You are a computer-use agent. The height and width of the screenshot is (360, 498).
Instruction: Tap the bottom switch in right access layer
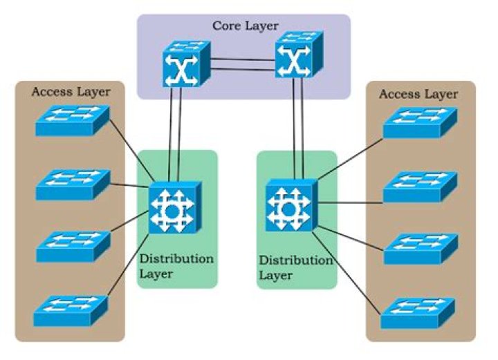tap(418, 310)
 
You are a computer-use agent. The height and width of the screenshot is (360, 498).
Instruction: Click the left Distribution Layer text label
tap(176, 266)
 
